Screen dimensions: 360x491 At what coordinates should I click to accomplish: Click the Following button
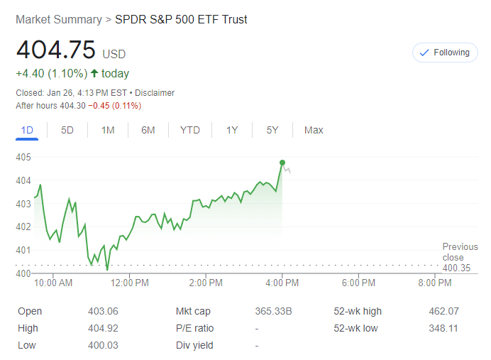tap(445, 53)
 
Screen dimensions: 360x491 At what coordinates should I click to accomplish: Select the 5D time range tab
tap(67, 130)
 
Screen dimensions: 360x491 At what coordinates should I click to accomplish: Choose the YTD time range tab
tap(189, 130)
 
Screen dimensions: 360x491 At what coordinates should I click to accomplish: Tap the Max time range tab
tap(314, 130)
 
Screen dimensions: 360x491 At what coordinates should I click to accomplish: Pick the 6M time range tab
tap(148, 130)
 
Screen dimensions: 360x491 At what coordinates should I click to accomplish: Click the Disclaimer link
tap(155, 93)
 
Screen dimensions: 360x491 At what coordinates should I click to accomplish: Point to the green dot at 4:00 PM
tap(282, 163)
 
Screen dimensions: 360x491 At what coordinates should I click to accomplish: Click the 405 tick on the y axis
tap(23, 157)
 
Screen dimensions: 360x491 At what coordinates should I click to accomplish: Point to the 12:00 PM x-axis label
tap(131, 283)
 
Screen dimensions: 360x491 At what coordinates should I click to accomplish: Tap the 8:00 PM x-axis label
tap(434, 283)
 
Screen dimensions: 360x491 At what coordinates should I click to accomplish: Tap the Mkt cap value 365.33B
tap(274, 311)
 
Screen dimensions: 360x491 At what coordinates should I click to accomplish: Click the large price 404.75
tap(55, 50)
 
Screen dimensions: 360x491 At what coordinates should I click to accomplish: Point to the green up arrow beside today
tap(94, 73)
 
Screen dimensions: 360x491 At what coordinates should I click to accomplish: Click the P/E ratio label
tap(194, 328)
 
